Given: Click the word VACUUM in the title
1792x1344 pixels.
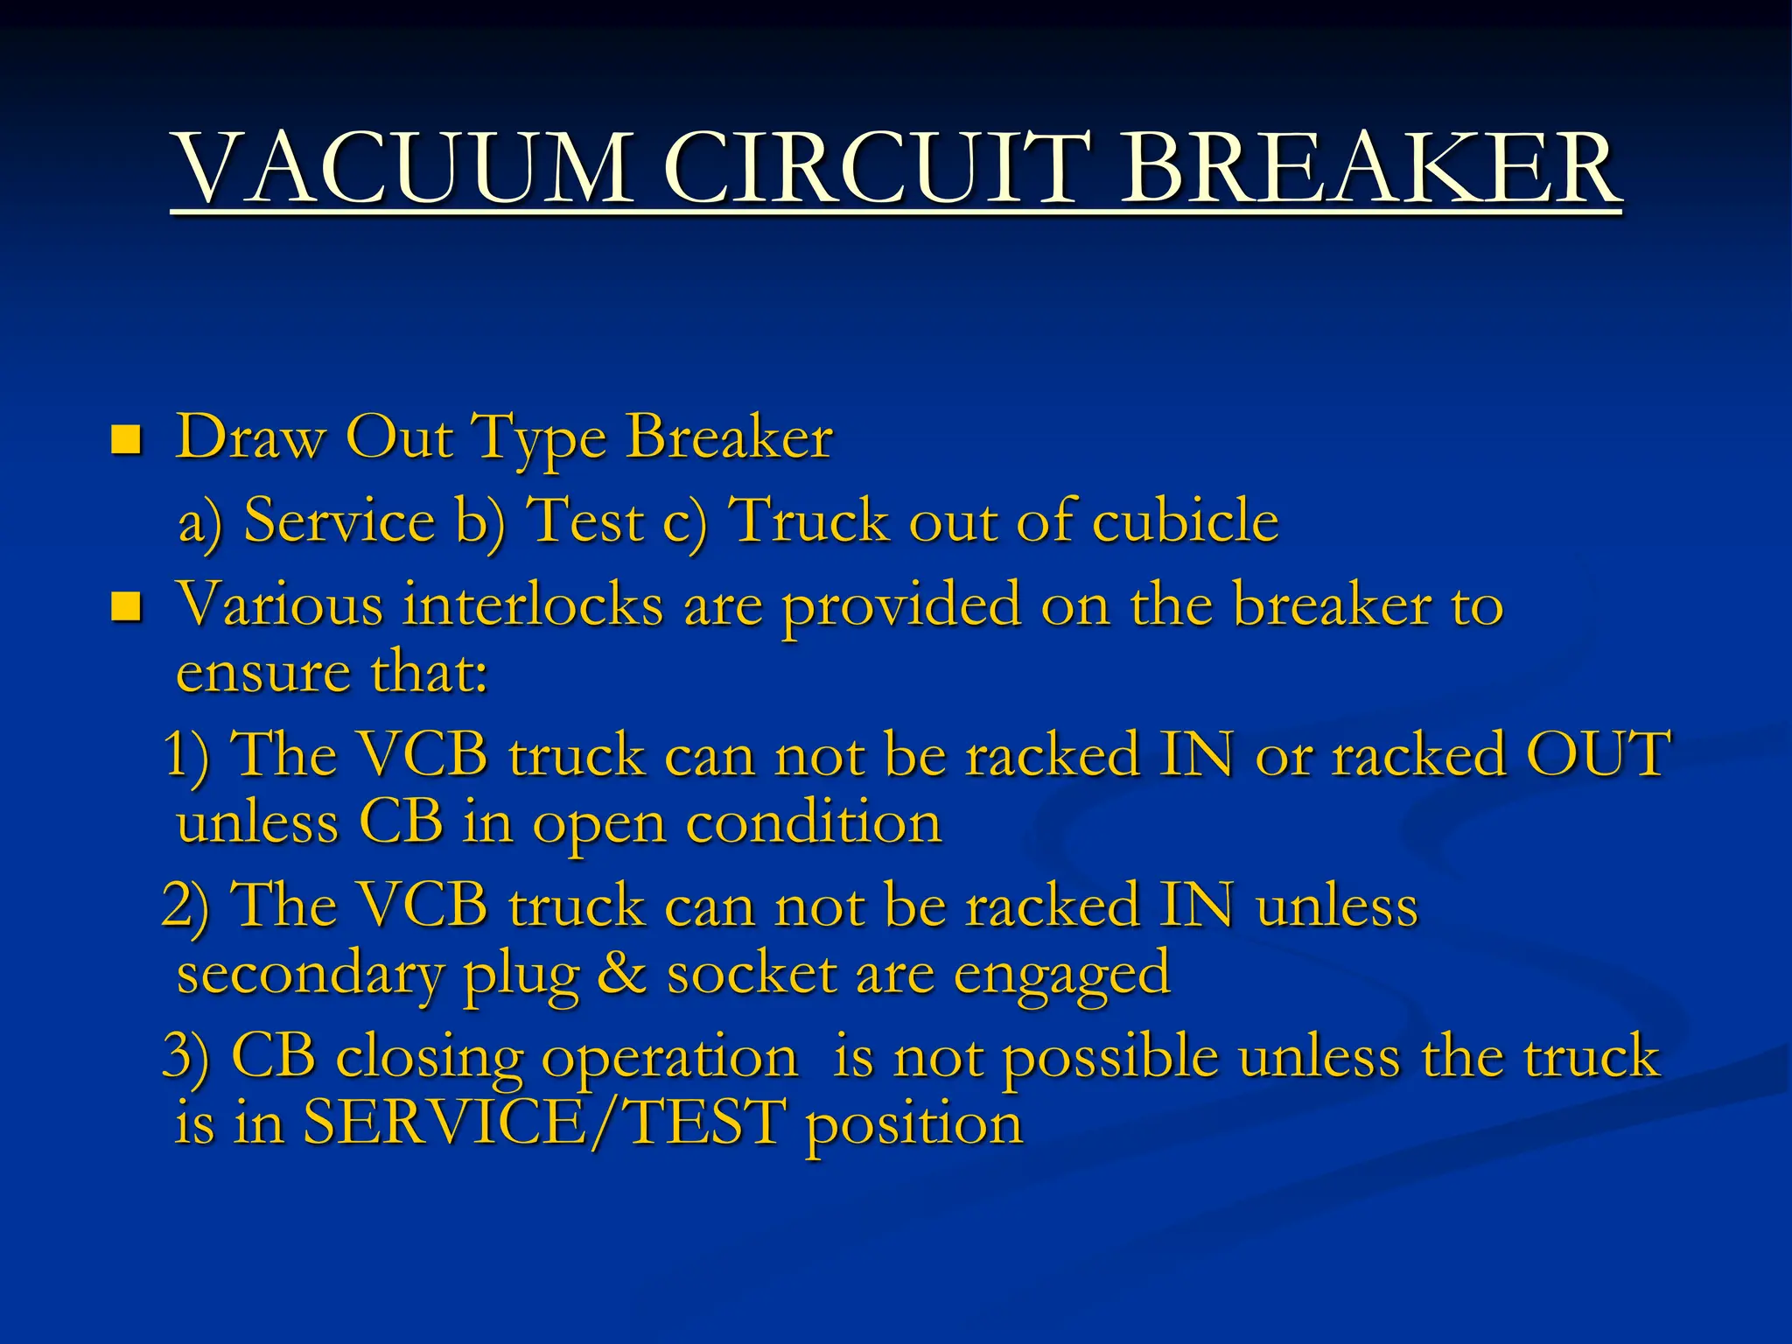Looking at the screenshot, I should tap(403, 167).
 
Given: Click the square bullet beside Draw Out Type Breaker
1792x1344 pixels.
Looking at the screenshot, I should tap(126, 439).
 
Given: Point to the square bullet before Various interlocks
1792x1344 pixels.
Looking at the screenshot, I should tap(126, 606).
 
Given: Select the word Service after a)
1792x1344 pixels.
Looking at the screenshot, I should tap(339, 521).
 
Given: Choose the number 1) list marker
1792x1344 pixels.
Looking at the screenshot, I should tap(187, 754).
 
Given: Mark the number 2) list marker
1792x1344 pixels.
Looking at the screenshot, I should tap(185, 905).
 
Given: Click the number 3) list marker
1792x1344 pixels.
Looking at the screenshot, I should tap(186, 1055).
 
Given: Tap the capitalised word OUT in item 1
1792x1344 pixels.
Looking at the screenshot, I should tap(1598, 754).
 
